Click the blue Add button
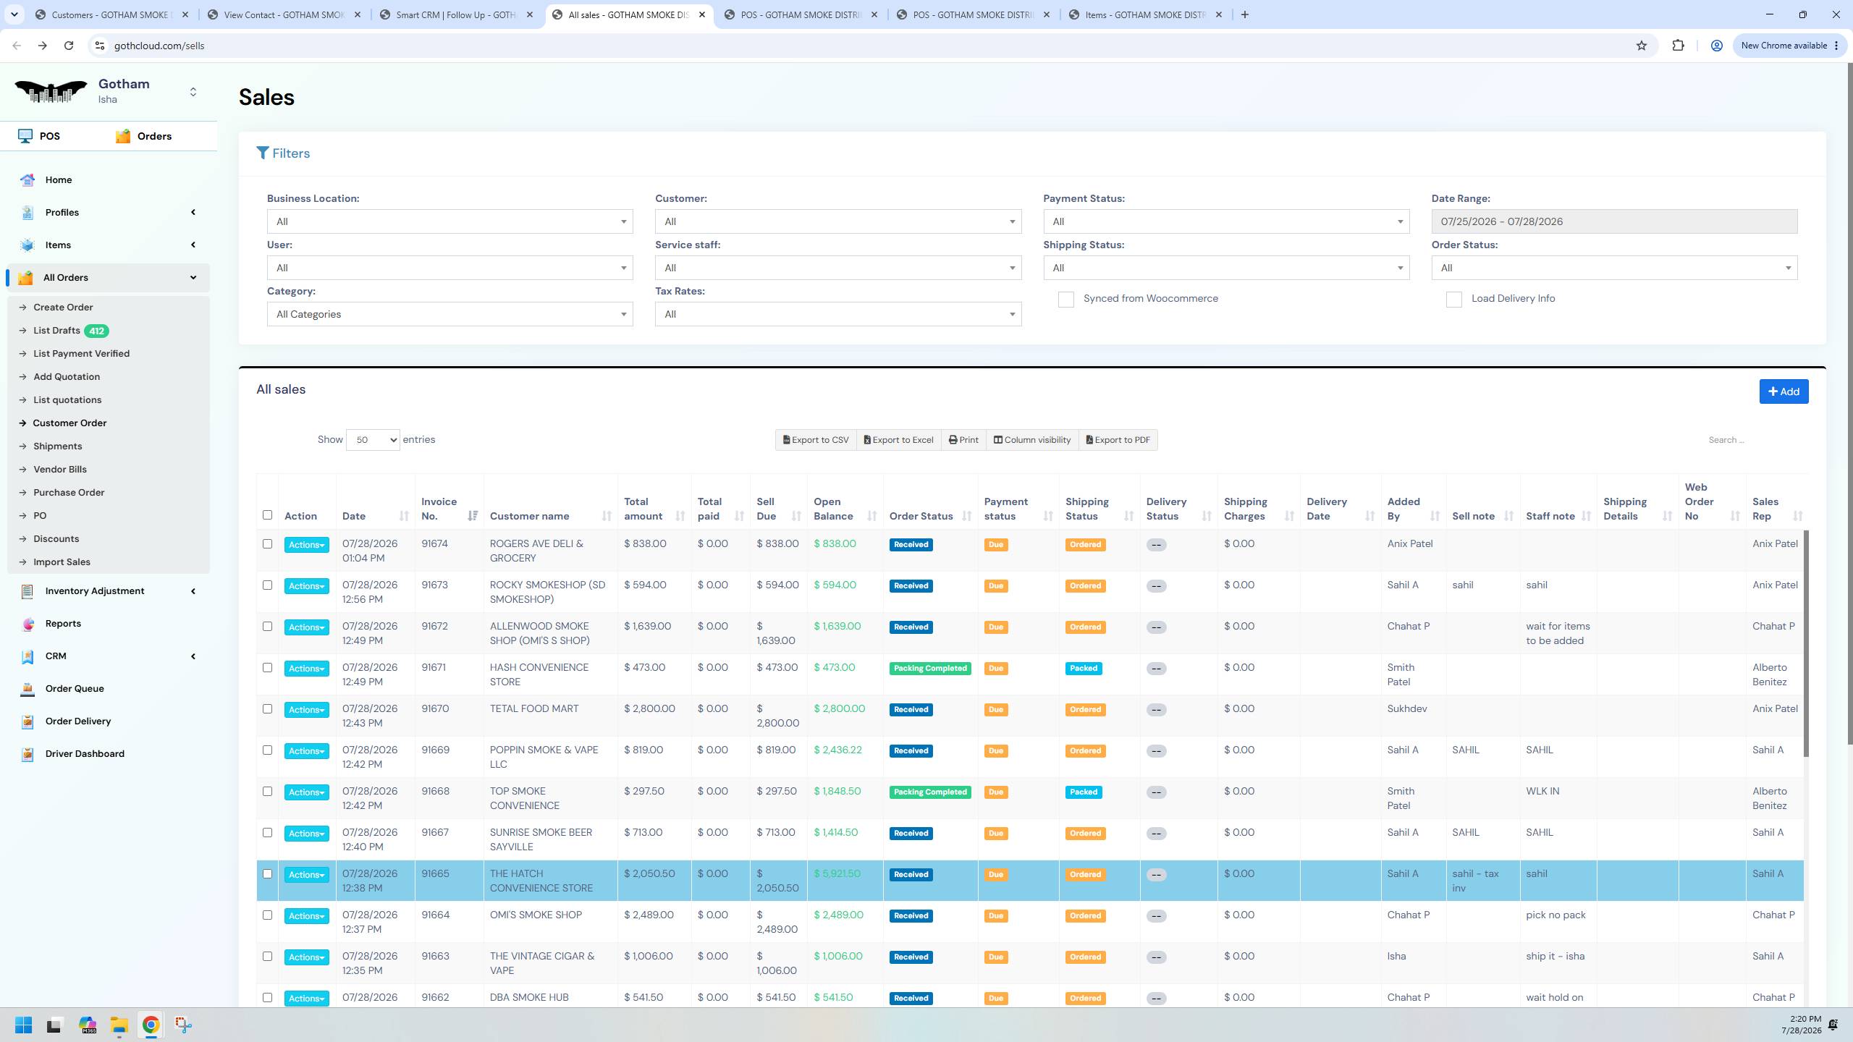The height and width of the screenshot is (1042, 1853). (x=1784, y=391)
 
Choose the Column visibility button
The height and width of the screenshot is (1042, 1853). (x=1031, y=440)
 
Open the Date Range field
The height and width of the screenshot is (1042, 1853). (x=1614, y=221)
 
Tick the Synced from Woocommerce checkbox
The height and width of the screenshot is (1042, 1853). (x=1065, y=300)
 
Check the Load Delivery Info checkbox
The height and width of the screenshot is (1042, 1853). (x=1453, y=300)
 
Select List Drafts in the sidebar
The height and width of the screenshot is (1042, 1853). (x=56, y=331)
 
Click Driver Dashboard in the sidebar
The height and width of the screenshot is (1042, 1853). (x=85, y=753)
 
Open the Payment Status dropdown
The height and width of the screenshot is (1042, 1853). (x=1226, y=221)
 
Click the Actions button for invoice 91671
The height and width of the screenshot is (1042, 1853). (x=306, y=669)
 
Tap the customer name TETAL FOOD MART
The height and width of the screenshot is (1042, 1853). (x=534, y=708)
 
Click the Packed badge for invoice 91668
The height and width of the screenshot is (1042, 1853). (x=1084, y=792)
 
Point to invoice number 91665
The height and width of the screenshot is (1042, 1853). (x=435, y=873)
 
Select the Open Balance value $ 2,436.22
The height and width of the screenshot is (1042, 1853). (x=837, y=750)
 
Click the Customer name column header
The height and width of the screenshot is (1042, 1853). (x=529, y=516)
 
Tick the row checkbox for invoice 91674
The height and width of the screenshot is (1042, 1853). (x=267, y=543)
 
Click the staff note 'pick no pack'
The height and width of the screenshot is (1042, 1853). (x=1556, y=915)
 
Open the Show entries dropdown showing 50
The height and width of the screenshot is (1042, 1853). (x=373, y=440)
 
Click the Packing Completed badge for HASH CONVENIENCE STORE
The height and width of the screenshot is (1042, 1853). (x=930, y=668)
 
